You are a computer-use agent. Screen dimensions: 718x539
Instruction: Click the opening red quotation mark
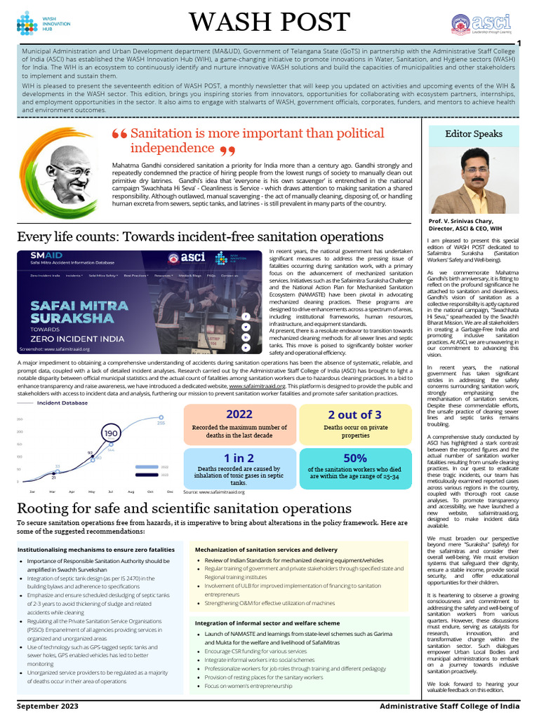[x=119, y=135]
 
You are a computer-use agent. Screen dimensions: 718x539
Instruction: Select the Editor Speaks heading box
[x=473, y=133]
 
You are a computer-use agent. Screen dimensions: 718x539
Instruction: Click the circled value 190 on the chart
[x=110, y=434]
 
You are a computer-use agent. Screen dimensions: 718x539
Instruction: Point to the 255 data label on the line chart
[x=161, y=423]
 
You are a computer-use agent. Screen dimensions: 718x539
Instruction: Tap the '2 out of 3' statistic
[x=355, y=414]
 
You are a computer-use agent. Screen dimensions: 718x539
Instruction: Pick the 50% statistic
[x=355, y=458]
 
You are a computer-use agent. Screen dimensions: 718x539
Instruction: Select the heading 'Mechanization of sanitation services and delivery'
[x=267, y=550]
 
